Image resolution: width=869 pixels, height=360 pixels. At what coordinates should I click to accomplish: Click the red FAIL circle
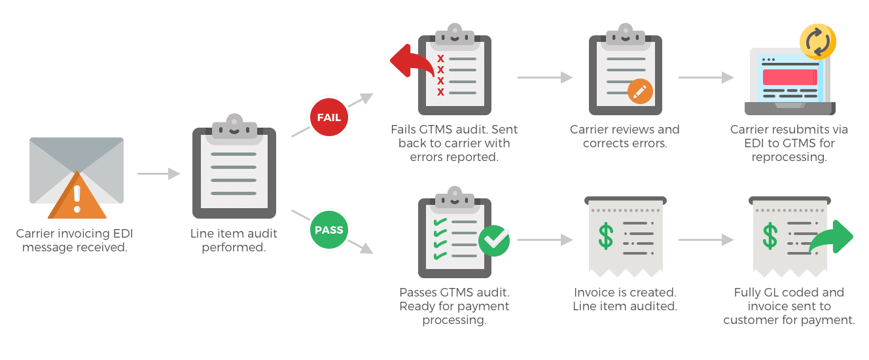[x=329, y=118]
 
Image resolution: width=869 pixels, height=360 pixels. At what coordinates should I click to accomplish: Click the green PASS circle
[x=329, y=230]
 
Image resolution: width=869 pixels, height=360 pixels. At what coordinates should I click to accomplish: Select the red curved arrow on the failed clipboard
[x=410, y=62]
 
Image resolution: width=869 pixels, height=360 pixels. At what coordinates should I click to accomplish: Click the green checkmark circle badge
[x=494, y=240]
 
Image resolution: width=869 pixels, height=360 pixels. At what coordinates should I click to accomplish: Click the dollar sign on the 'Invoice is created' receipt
[x=606, y=236]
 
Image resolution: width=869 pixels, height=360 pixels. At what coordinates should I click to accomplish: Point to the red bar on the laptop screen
[x=790, y=77]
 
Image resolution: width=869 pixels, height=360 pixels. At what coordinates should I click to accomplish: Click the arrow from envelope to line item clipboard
[x=158, y=173]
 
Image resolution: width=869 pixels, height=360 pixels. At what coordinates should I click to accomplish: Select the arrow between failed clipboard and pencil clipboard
[x=545, y=77]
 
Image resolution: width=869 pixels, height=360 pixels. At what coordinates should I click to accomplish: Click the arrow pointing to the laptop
[x=706, y=77]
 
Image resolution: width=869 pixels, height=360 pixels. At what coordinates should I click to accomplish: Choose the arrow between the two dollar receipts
[x=706, y=240]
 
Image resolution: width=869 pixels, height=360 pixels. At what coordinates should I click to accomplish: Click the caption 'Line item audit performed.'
[x=234, y=240]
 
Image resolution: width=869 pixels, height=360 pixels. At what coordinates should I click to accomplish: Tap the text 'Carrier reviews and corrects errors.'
[x=625, y=135]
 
